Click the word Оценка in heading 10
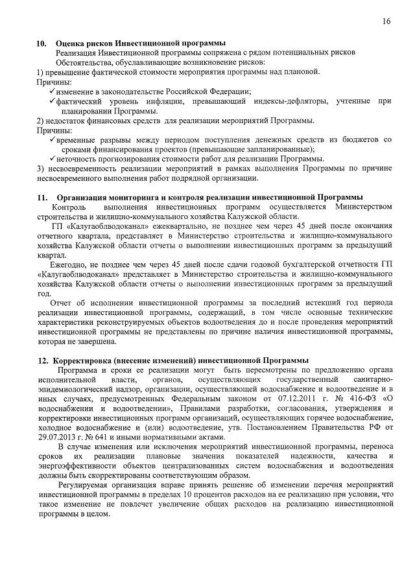(x=71, y=43)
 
